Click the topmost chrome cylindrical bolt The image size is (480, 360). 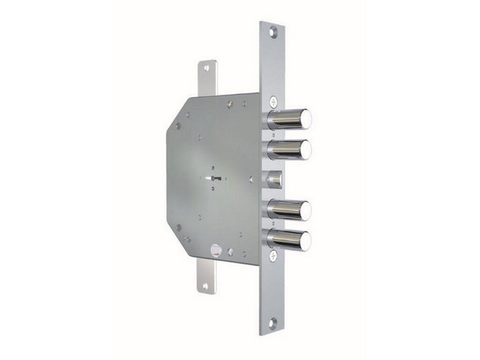tap(289, 119)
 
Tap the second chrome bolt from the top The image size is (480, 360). tap(289, 149)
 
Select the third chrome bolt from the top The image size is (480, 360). tap(289, 209)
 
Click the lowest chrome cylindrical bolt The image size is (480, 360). tap(289, 239)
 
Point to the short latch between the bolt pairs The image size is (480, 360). tap(274, 179)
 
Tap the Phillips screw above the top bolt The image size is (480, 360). tap(274, 100)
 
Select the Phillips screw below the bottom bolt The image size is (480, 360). tap(273, 256)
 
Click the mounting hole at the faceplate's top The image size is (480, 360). tap(273, 31)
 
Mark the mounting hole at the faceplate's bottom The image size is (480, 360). tap(273, 324)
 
